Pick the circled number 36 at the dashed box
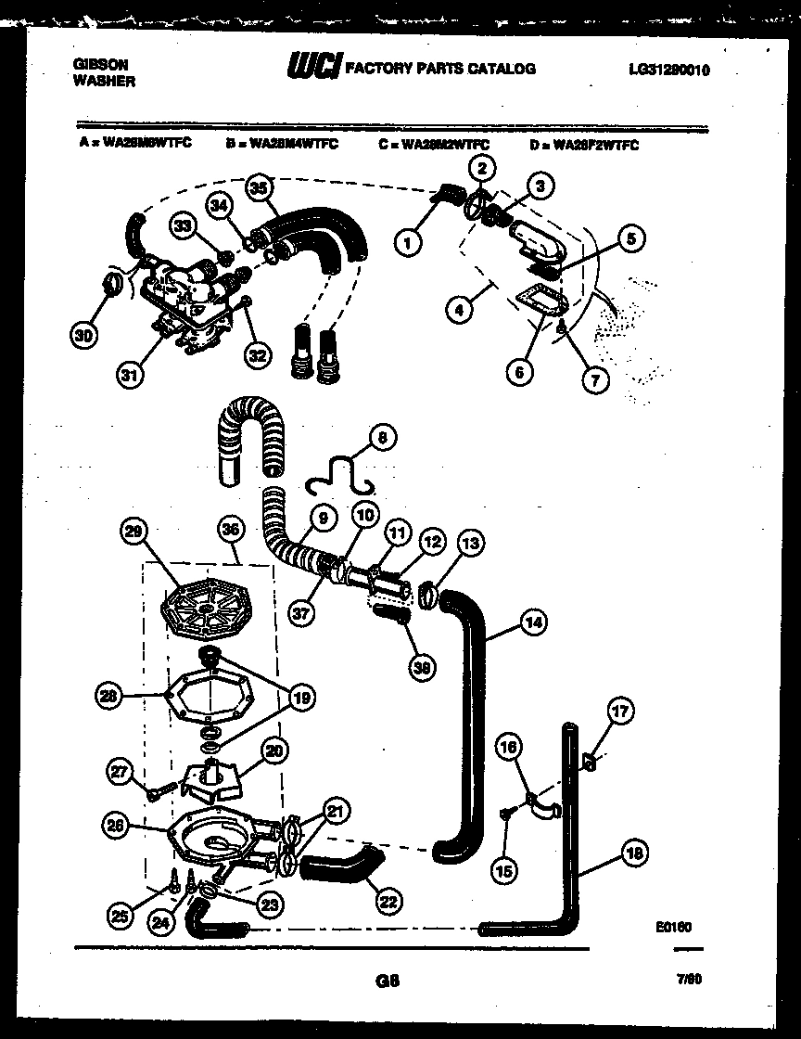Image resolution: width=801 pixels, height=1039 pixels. click(x=229, y=531)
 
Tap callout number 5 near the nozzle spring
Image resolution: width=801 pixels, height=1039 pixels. click(x=629, y=238)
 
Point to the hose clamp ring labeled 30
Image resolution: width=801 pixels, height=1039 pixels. click(x=113, y=281)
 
